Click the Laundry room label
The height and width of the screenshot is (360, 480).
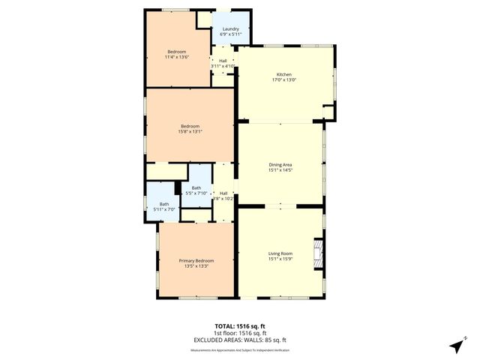point(230,29)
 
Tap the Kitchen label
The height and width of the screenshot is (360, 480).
point(283,75)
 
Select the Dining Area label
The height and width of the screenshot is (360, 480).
point(280,164)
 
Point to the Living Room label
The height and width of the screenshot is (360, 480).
point(280,253)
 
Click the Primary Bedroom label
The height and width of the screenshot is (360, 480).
point(196,260)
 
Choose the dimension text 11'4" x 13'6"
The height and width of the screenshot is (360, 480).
point(176,56)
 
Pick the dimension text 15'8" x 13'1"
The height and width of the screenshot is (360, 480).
point(190,131)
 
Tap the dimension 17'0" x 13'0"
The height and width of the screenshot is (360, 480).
point(283,80)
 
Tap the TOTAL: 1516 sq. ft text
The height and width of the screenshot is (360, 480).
point(239,326)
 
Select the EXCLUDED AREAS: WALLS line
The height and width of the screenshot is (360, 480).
point(239,340)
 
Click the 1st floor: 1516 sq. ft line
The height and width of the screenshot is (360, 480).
point(239,333)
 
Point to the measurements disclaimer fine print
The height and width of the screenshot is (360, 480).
point(239,349)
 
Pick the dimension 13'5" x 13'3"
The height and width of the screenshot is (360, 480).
point(196,265)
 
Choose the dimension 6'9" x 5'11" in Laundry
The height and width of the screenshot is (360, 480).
point(230,34)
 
